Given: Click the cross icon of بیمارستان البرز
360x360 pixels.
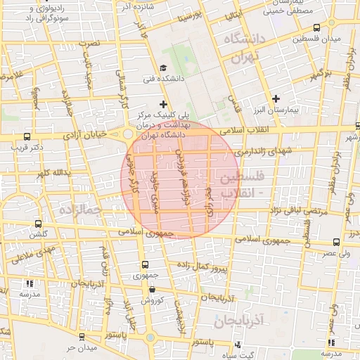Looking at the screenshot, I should (276, 99).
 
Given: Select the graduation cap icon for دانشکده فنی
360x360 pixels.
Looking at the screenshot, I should (164, 68).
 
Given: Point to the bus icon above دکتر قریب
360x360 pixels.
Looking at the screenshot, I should (27, 136).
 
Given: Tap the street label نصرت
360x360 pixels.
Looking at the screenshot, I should (90, 44).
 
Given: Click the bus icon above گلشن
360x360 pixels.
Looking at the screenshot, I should (33, 224).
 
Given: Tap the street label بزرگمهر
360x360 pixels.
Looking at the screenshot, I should (320, 75).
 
